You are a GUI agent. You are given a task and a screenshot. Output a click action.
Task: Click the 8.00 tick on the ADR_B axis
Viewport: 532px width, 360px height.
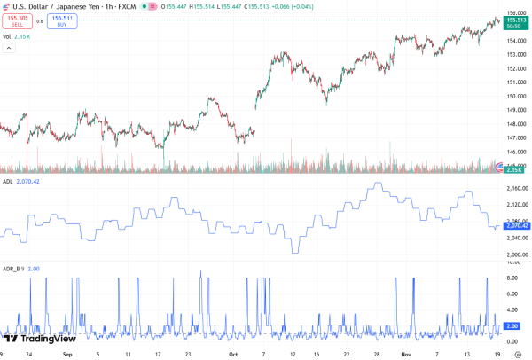[512, 277]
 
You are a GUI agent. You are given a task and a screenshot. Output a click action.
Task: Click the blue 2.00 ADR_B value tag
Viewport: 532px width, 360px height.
[512, 326]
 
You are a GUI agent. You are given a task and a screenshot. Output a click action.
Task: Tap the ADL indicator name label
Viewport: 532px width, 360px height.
[8, 181]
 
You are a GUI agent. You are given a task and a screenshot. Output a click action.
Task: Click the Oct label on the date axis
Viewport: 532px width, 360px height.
[232, 353]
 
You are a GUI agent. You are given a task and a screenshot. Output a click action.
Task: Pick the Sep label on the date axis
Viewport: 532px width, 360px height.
[67, 353]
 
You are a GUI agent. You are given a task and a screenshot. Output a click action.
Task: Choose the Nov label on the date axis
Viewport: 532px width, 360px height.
[403, 353]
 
